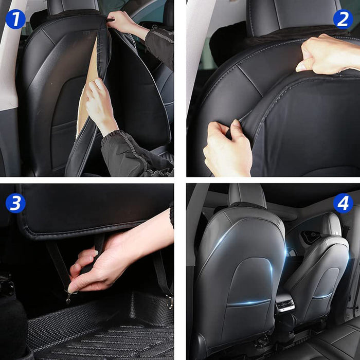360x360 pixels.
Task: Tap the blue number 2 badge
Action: (343, 19)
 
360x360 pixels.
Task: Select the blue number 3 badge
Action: (15, 203)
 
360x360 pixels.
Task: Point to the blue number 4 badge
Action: (343, 203)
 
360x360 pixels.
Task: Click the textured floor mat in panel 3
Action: (103, 329)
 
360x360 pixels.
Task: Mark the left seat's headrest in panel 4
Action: (247, 195)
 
